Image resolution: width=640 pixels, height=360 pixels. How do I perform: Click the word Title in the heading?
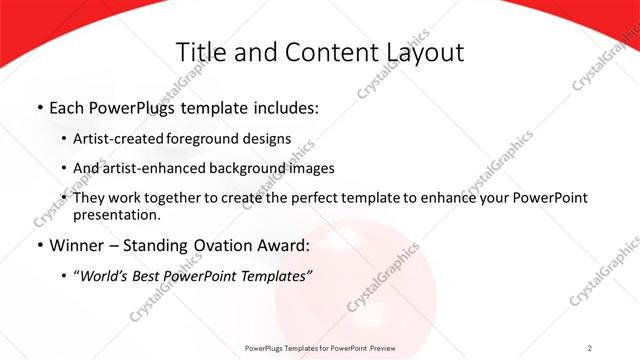tap(200, 53)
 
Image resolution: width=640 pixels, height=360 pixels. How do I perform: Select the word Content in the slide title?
tap(324, 53)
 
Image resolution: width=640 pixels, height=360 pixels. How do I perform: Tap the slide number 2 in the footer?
tap(590, 347)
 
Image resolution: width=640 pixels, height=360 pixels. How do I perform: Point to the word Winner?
tap(78, 246)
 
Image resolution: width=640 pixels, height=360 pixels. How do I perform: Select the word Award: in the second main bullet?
tap(283, 246)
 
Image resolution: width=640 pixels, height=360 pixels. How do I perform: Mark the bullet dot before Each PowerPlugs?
tap(39, 106)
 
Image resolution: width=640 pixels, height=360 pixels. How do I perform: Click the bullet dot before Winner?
tap(39, 246)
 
